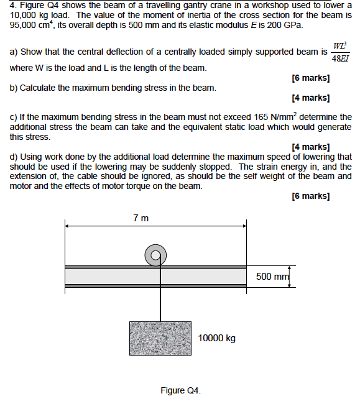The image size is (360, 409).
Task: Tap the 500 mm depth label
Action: point(272,276)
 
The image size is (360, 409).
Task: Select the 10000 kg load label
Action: point(217,338)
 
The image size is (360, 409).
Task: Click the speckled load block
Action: point(160,338)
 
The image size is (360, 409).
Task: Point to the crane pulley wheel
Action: point(155,254)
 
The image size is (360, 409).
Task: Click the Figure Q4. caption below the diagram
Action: point(180,390)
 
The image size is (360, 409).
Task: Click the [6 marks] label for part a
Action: point(310,78)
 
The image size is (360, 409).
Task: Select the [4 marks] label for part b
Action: point(310,98)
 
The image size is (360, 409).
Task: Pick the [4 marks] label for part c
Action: point(310,147)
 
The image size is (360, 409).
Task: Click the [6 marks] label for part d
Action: point(310,196)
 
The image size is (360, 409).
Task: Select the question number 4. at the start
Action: point(13,6)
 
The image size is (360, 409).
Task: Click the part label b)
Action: point(14,88)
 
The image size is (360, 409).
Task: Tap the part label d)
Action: point(14,157)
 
